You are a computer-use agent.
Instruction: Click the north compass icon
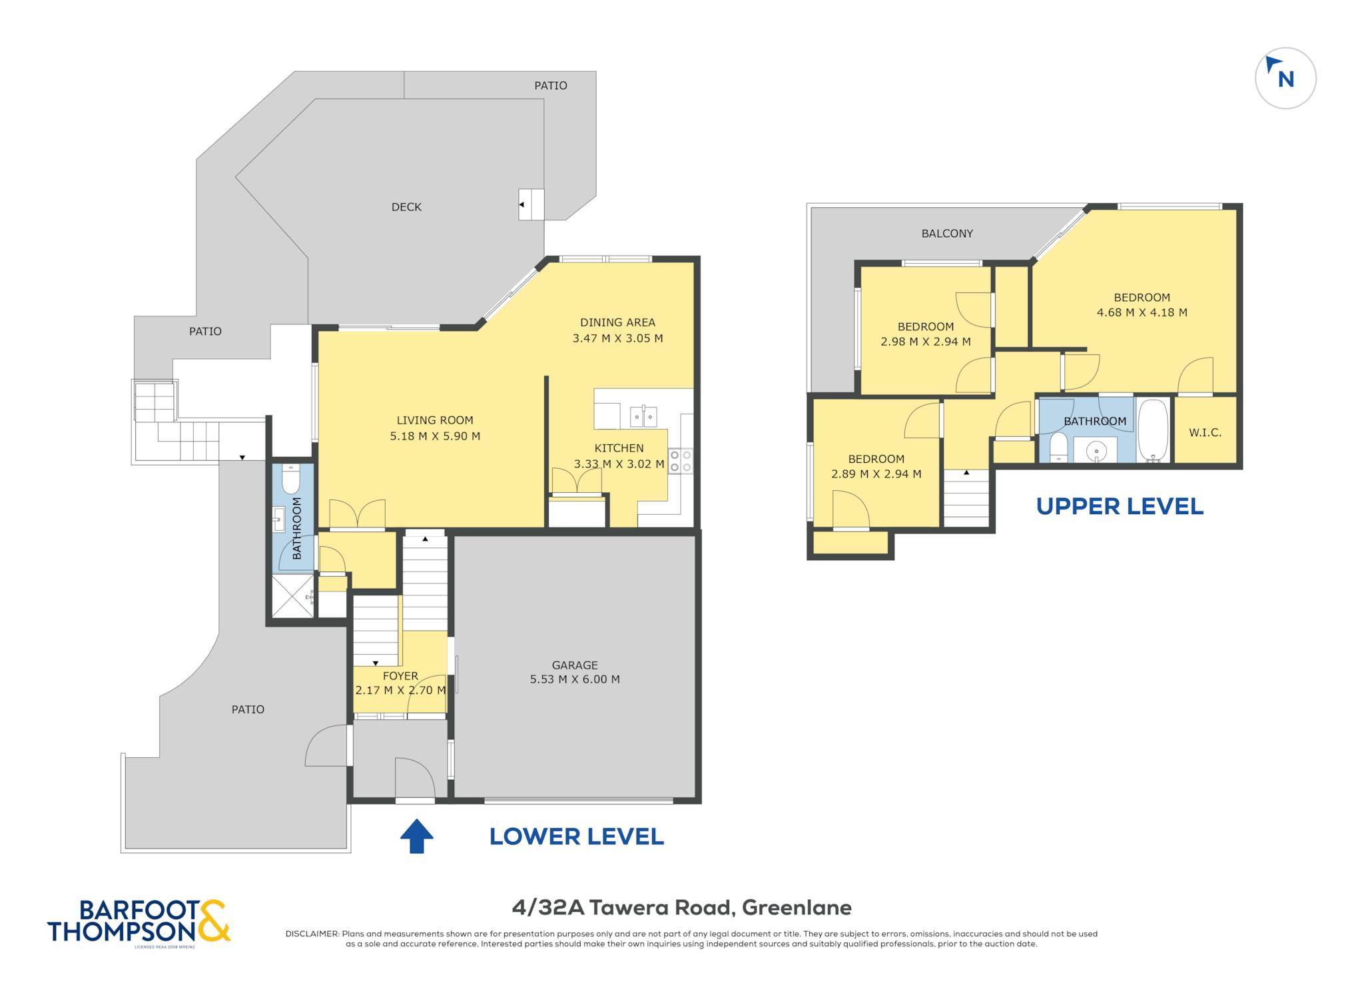click(x=1285, y=79)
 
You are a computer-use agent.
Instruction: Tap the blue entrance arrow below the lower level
click(x=417, y=836)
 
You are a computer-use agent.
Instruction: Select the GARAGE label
click(x=575, y=665)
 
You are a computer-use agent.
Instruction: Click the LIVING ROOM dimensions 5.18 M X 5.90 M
click(x=435, y=436)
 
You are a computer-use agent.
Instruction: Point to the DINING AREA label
click(x=617, y=322)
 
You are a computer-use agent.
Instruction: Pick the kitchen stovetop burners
click(x=681, y=461)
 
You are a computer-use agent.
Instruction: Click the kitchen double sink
click(x=643, y=416)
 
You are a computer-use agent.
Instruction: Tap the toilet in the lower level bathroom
click(x=291, y=478)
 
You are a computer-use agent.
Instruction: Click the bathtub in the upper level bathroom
click(x=1154, y=430)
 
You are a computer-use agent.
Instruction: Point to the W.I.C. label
click(x=1205, y=433)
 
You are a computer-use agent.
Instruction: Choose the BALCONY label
click(x=947, y=233)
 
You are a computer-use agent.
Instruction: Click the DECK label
click(x=406, y=207)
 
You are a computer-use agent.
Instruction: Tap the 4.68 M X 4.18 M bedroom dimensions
click(x=1142, y=312)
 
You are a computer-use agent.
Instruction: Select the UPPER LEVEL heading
click(x=1120, y=507)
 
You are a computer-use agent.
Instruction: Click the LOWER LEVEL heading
click(x=577, y=837)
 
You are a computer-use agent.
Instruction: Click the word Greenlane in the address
click(x=797, y=908)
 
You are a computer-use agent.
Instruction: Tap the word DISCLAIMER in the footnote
click(x=312, y=934)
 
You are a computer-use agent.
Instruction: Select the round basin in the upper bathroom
click(x=1096, y=452)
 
